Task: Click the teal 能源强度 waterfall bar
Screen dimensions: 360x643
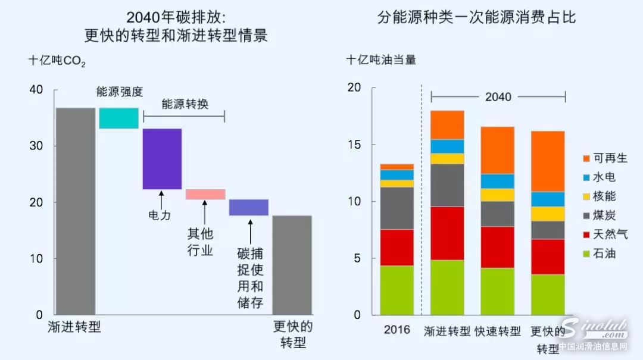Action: [118, 118]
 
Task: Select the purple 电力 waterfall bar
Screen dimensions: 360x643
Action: [162, 159]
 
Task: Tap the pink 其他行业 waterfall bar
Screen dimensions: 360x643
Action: [205, 194]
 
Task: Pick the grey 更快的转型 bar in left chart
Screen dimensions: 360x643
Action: [292, 265]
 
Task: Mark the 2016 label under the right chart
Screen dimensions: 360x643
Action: [397, 330]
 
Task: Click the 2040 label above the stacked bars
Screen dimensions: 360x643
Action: [498, 96]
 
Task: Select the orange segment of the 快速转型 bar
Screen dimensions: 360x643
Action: [498, 150]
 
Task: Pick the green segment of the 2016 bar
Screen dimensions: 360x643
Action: [397, 290]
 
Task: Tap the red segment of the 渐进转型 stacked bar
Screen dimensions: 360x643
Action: [447, 233]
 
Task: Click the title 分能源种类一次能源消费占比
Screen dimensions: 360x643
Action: [476, 17]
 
